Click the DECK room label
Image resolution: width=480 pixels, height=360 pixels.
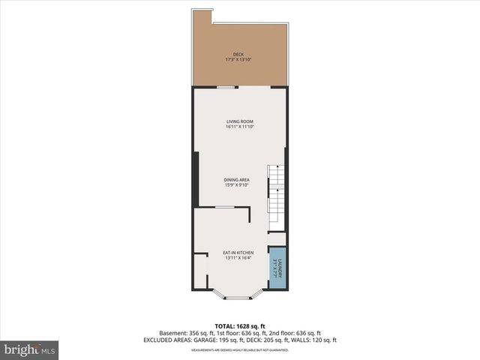pos(238,54)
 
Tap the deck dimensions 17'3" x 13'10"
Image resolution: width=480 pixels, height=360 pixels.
pos(238,59)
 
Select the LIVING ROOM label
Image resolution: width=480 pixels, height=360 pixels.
pos(240,121)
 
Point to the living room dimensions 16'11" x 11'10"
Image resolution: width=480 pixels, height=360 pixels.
pos(240,127)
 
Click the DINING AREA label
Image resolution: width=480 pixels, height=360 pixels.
pos(237,180)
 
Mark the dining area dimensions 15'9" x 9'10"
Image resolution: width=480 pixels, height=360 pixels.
pos(237,185)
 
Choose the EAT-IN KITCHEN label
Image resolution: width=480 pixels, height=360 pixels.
pos(238,253)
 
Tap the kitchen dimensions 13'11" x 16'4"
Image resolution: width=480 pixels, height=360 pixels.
pos(238,258)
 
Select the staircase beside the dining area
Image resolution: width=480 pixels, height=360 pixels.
pos(277,193)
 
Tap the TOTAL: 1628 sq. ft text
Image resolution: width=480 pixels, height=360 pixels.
pos(239,325)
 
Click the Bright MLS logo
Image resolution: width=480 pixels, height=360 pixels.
pos(30,349)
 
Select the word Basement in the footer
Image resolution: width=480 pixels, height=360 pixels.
pos(173,333)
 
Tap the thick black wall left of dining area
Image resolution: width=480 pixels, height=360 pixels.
pos(196,180)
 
